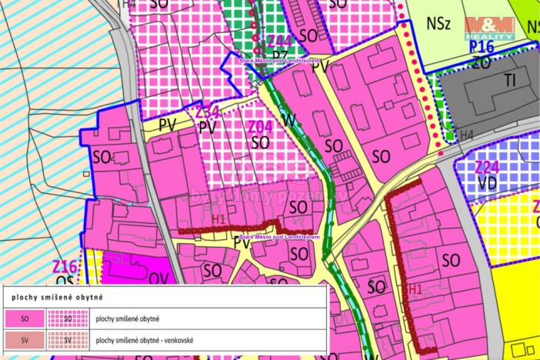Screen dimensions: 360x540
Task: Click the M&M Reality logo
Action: coord(491,28)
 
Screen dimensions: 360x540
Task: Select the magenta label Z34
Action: coord(208,112)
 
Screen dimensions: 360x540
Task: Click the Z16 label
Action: coord(65,267)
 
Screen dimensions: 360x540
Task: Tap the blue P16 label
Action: coord(482,48)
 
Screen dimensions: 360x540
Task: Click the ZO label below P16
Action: coord(482,62)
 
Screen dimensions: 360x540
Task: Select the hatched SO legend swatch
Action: coord(68,318)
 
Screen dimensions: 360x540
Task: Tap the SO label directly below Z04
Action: coord(261,142)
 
